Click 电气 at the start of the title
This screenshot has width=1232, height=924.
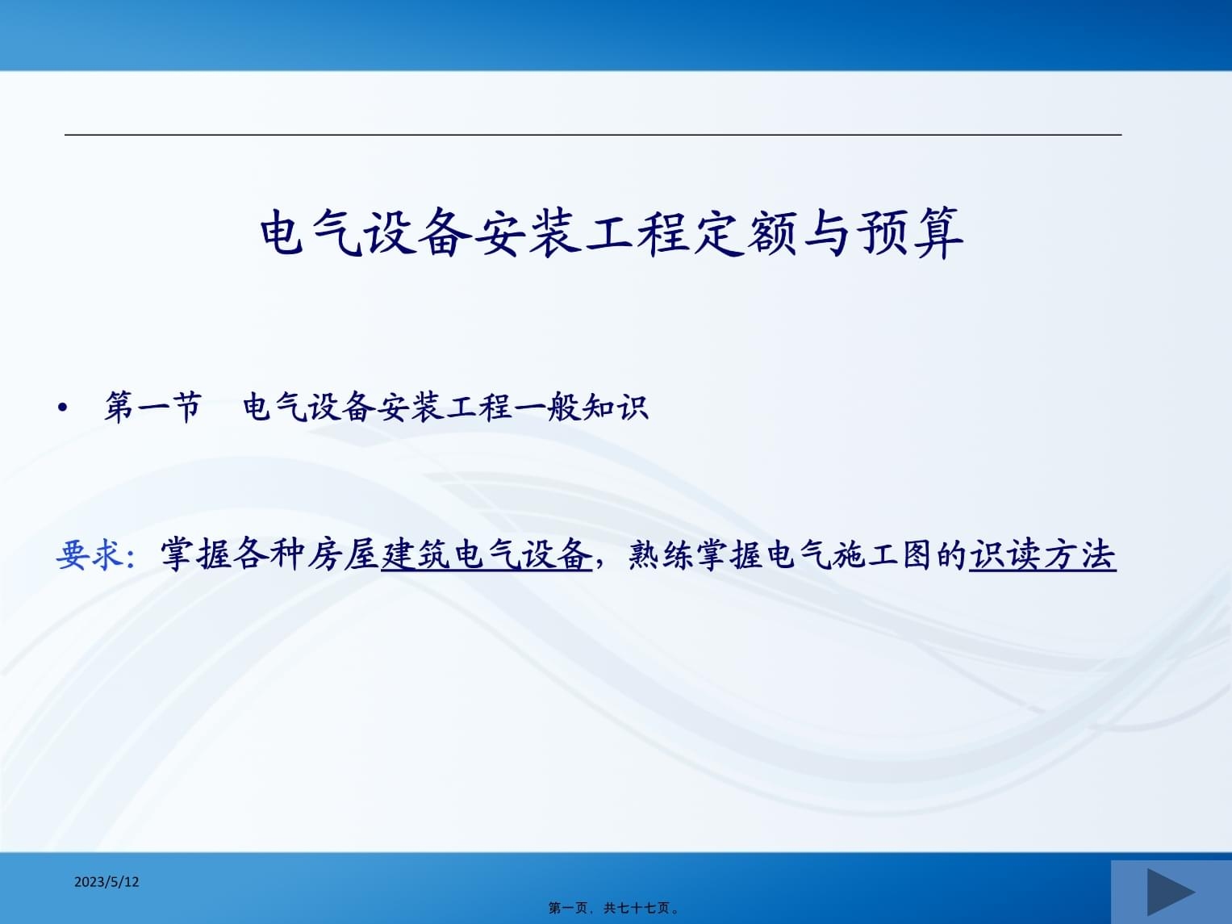pos(311,233)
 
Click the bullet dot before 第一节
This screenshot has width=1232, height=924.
pos(63,408)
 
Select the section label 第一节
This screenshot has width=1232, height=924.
pos(152,407)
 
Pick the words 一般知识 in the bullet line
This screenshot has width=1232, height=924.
pos(581,407)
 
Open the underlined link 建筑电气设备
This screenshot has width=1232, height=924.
pos(487,555)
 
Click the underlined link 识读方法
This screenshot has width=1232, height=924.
pos(1042,555)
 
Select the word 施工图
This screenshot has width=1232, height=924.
pos(879,555)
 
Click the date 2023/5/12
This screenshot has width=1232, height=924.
pos(106,882)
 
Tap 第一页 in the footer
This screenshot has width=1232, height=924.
pos(568,908)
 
